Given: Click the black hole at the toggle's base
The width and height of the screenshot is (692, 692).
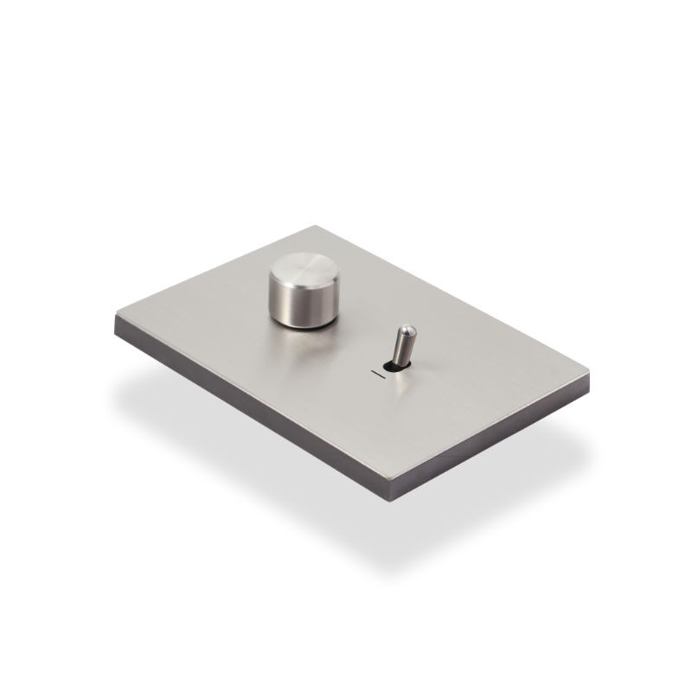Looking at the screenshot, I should coord(394,366).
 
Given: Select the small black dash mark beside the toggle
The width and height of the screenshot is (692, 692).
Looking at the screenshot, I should coord(376,374).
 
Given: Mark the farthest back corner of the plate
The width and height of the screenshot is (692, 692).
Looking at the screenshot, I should coord(322,227).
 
